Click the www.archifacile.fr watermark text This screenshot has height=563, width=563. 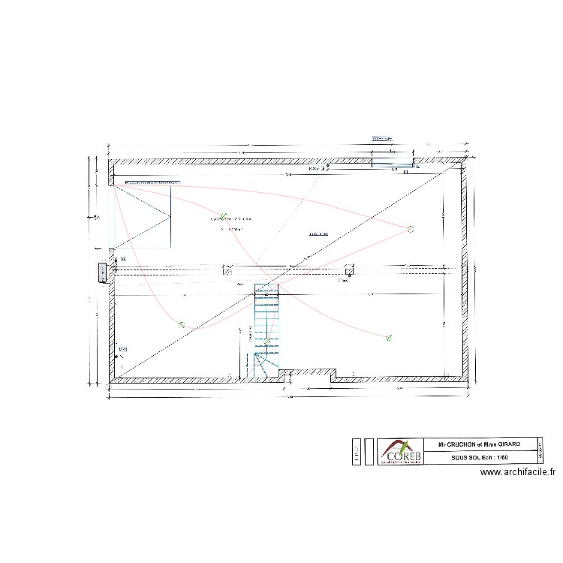tap(517, 472)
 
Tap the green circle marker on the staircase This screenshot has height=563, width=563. tap(266, 342)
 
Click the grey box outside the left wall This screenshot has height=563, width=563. tap(102, 272)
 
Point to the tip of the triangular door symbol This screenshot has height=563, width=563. tap(170, 217)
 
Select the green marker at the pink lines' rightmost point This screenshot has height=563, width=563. tap(410, 228)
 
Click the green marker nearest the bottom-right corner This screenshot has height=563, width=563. tap(388, 338)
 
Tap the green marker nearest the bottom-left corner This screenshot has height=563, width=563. tap(181, 324)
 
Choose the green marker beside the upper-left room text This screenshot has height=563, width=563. tap(223, 215)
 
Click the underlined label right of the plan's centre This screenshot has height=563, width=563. tap(319, 234)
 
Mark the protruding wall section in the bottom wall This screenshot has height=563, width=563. tap(308, 372)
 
